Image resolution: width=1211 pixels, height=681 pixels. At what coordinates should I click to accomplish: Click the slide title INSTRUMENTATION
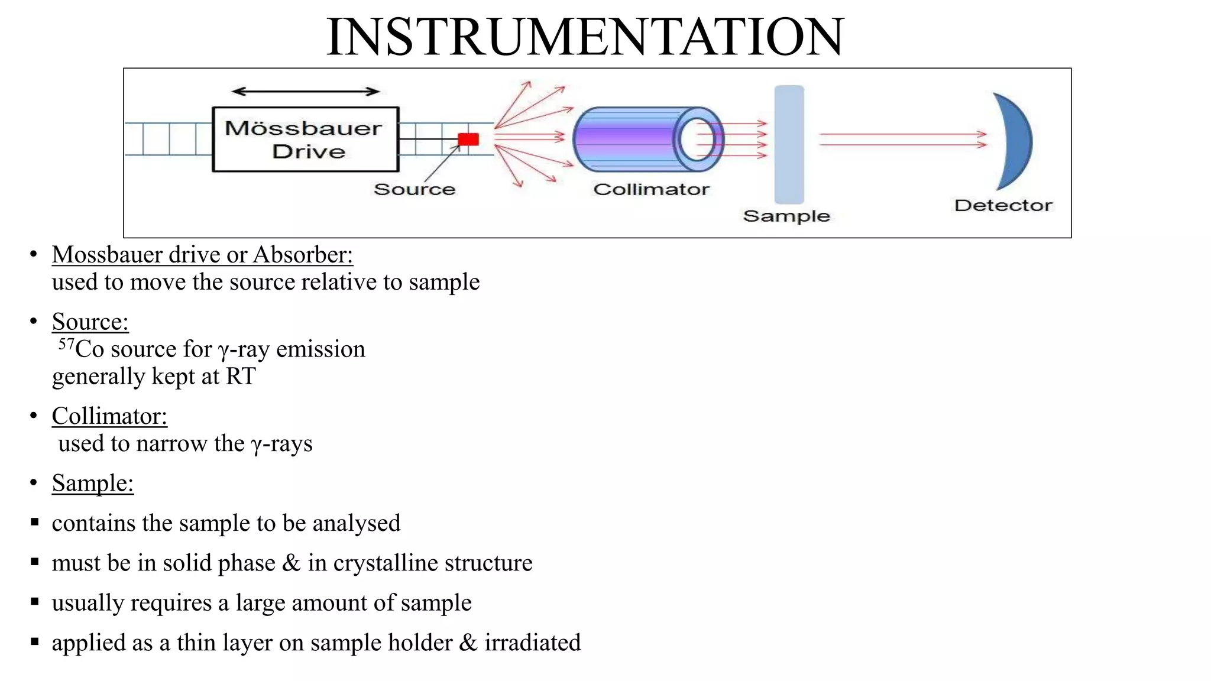tap(585, 37)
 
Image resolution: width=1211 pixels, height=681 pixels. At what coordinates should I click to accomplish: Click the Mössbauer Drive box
tap(305, 140)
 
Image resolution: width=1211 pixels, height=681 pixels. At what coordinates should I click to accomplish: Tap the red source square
tap(468, 140)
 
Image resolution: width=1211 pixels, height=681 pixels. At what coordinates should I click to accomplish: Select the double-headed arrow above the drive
tap(305, 91)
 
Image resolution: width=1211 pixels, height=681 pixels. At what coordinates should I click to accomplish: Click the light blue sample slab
tap(789, 144)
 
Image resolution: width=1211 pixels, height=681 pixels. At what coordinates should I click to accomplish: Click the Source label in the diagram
tap(415, 189)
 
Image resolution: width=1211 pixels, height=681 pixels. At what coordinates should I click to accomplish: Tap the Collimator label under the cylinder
tap(651, 189)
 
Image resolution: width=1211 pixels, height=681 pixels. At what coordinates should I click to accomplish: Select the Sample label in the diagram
tap(786, 216)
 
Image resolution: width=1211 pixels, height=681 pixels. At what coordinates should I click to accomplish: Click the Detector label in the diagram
tap(1003, 205)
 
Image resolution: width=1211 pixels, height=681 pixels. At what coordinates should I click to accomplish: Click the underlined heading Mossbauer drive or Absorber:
tap(202, 255)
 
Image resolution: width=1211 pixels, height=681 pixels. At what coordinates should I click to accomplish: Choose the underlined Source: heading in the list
tap(90, 322)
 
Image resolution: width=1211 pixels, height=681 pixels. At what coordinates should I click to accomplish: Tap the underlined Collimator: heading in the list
tap(109, 416)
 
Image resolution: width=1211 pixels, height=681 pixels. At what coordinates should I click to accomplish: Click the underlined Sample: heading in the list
tap(93, 484)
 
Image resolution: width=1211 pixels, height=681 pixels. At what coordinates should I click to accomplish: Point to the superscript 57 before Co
tap(66, 343)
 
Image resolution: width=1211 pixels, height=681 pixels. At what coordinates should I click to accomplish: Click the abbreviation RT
tap(240, 377)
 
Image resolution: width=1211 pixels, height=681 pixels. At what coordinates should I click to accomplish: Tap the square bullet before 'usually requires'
tap(35, 602)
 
